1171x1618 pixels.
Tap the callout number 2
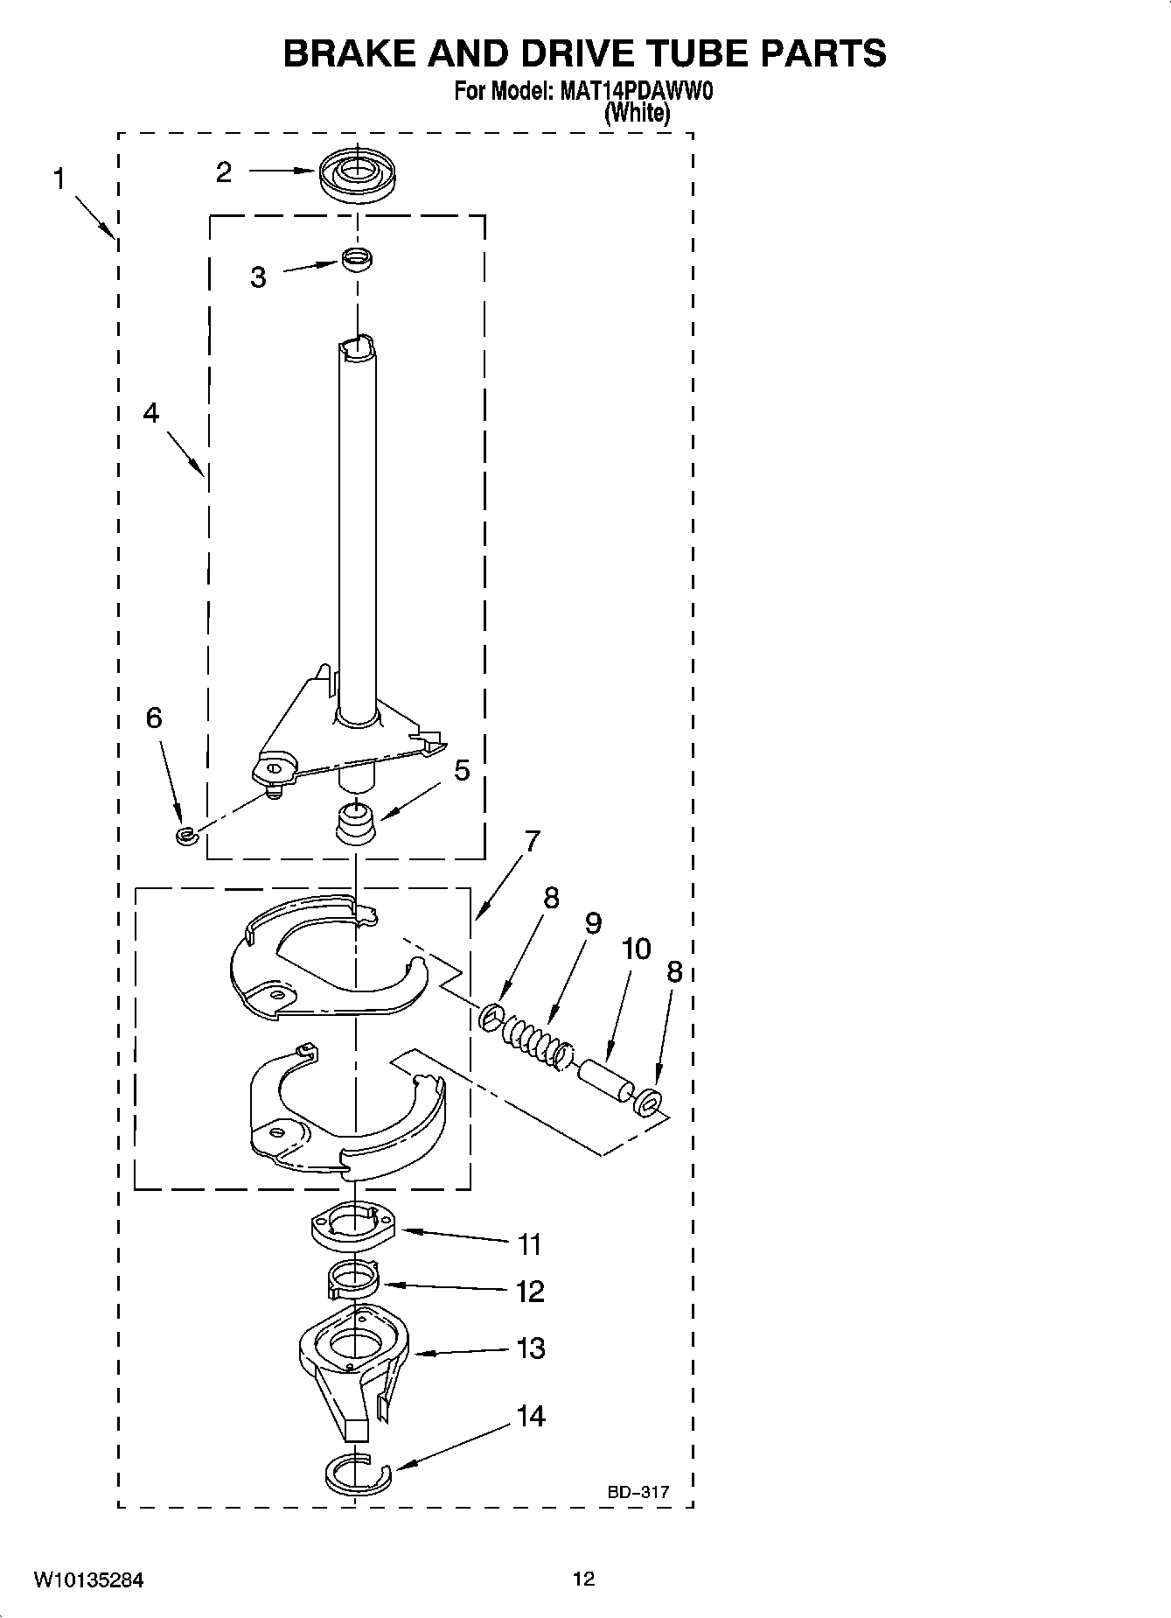(x=224, y=172)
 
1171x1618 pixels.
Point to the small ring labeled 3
(x=356, y=259)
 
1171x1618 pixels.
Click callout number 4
(x=151, y=413)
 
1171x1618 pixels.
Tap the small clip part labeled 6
(x=185, y=836)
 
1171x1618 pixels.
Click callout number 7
(x=531, y=841)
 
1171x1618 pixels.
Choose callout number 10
(x=636, y=949)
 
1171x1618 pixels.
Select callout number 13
(x=530, y=1348)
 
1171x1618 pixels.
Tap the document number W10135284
(x=88, y=1580)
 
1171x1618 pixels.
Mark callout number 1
(x=59, y=180)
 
